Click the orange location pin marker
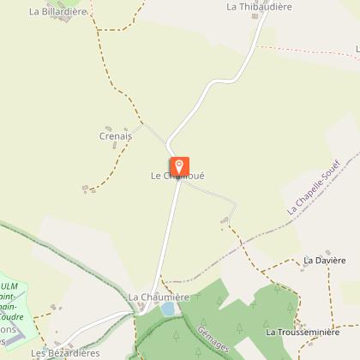click(x=179, y=165)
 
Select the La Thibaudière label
click(x=259, y=6)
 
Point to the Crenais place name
click(x=116, y=135)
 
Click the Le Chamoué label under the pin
click(x=177, y=177)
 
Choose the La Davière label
click(x=324, y=259)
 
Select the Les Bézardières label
click(x=65, y=352)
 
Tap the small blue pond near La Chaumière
click(x=169, y=308)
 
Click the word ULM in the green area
click(x=10, y=286)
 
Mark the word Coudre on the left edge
click(x=12, y=316)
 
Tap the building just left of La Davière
click(x=303, y=266)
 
